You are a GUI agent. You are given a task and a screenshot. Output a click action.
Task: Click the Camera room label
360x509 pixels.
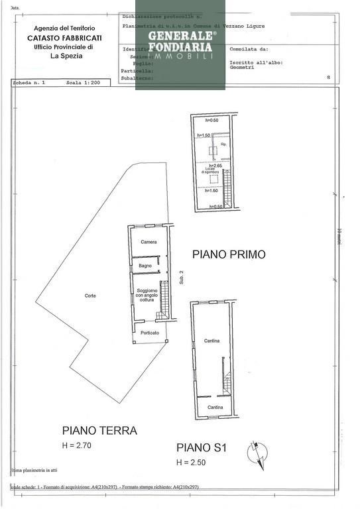pos(149,242)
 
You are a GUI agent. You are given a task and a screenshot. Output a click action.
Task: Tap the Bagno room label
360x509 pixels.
pos(145,266)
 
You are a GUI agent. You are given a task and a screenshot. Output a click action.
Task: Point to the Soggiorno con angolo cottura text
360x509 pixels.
pos(147,296)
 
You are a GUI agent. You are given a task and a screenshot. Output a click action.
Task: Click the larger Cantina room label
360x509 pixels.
pos(211,341)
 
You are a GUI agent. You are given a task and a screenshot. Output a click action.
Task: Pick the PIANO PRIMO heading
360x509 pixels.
pos(229,254)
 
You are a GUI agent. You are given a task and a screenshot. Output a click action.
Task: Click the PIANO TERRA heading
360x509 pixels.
pos(99,430)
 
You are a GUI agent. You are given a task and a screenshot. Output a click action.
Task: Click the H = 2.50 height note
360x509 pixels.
pos(192,462)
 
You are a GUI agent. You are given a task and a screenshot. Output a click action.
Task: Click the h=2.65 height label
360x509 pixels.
pos(215,166)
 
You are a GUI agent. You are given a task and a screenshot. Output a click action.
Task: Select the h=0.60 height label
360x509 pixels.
pos(212,121)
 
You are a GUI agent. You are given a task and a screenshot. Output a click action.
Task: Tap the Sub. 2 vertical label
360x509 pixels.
pos(181,278)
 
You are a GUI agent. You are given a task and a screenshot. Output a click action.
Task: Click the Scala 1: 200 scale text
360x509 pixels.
pos(83,84)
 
